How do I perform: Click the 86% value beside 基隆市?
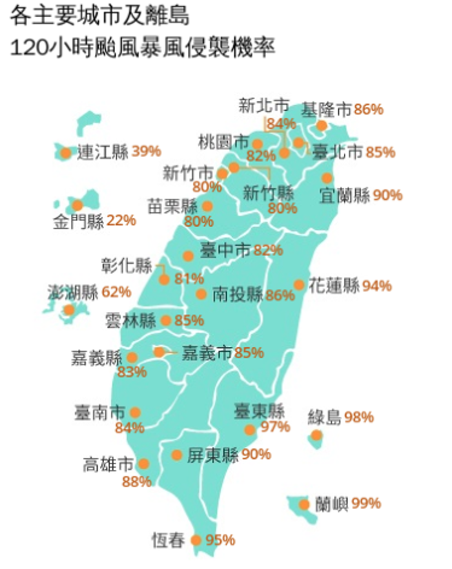(x=369, y=110)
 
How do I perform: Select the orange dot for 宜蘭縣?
(x=327, y=178)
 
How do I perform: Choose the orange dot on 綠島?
(x=316, y=435)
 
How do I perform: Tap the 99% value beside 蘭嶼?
(x=366, y=504)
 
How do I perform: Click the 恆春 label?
(x=169, y=541)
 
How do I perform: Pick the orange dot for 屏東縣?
(x=177, y=455)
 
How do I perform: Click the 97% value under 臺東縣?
(x=275, y=427)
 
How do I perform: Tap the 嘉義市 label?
(x=207, y=353)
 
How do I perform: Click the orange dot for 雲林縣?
(x=166, y=320)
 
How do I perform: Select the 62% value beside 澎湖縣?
(x=116, y=291)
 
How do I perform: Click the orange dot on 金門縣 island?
(x=77, y=205)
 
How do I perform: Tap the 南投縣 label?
(x=238, y=294)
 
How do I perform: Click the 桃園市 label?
(x=223, y=142)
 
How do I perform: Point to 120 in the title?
(x=28, y=49)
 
